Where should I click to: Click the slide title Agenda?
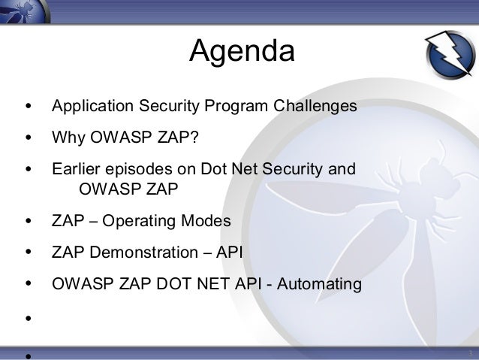coord(242,51)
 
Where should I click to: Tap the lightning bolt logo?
coord(450,54)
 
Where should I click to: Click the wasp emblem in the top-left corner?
coord(25,11)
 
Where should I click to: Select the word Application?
coord(92,106)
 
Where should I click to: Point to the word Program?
coord(236,106)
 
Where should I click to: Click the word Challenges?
coord(315,106)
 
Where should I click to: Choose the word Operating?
coord(139,221)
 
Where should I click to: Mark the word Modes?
coord(206,220)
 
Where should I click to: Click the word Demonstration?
coord(143,253)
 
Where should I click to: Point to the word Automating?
coord(319,284)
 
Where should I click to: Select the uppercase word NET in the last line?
coord(213,283)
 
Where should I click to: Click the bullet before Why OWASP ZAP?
coord(29,138)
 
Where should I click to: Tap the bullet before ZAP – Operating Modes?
coord(29,221)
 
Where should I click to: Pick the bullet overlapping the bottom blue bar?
coord(29,356)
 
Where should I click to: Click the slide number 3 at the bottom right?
coord(471,353)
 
